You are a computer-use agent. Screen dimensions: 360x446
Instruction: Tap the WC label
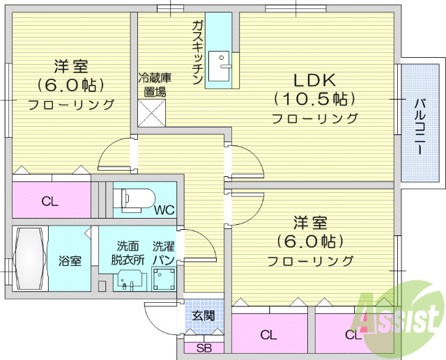[165, 209]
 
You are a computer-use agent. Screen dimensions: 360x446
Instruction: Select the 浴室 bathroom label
[69, 261]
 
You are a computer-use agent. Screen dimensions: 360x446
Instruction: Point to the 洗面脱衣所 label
[128, 252]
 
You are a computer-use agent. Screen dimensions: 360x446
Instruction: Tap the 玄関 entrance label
[204, 315]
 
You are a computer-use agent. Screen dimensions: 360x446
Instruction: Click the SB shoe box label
[203, 348]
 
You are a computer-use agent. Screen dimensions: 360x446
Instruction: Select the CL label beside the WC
[49, 202]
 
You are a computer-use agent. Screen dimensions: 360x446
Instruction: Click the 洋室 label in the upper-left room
[71, 68]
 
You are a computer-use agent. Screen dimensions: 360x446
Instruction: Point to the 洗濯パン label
[164, 252]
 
